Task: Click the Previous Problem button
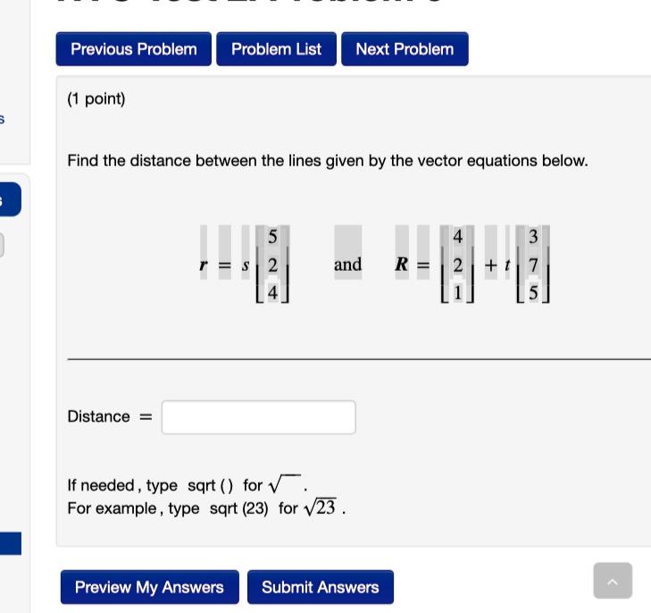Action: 134,49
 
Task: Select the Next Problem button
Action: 405,49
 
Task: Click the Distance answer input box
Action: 258,417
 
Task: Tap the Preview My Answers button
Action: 149,587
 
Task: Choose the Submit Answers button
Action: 320,587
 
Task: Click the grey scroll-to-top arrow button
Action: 613,581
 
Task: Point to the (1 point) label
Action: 96,99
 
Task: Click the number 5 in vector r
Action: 272,237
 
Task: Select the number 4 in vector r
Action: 272,291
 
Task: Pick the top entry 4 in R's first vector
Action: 457,237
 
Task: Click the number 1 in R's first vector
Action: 457,291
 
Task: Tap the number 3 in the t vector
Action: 533,237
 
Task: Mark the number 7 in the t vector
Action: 533,265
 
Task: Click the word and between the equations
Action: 347,265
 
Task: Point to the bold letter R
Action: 402,265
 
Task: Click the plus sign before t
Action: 491,265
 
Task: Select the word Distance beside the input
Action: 98,416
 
